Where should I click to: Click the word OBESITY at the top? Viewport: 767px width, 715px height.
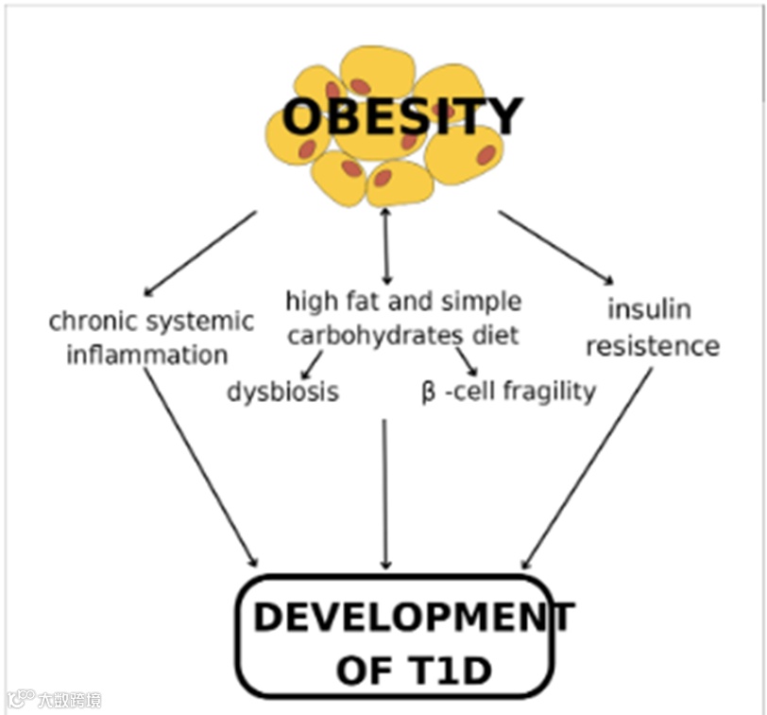click(401, 117)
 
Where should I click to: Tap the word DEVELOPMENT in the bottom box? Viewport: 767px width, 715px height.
click(413, 618)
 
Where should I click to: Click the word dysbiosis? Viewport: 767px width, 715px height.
click(282, 391)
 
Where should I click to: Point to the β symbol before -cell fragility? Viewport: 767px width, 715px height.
click(428, 392)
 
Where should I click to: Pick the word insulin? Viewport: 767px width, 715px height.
click(649, 309)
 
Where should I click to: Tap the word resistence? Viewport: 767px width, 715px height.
click(652, 346)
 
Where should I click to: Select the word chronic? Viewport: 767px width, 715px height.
click(89, 322)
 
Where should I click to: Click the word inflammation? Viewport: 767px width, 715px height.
click(147, 357)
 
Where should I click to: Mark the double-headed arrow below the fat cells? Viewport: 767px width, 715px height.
click(385, 246)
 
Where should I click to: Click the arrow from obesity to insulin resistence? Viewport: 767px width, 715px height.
click(555, 247)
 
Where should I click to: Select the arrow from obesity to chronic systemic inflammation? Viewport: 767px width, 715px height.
click(200, 253)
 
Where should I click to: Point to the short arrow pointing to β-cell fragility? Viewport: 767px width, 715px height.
click(467, 361)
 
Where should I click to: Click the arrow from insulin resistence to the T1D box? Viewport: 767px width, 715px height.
click(587, 468)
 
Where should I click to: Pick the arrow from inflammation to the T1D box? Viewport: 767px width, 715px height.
click(200, 467)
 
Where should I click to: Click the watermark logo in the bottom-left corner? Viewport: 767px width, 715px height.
click(21, 700)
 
